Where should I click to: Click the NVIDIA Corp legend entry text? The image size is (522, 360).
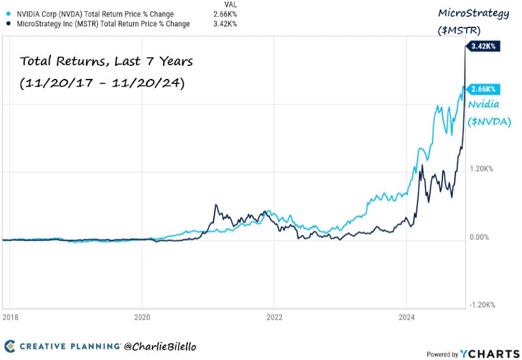[95, 14]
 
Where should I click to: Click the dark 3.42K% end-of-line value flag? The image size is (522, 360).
[484, 46]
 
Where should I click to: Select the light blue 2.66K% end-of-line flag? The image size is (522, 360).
[484, 89]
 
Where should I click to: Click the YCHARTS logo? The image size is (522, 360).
[484, 353]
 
